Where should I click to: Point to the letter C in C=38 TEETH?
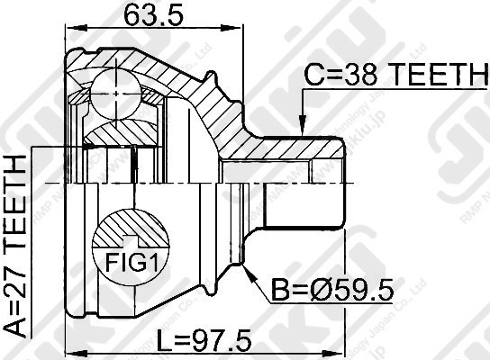(312, 79)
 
